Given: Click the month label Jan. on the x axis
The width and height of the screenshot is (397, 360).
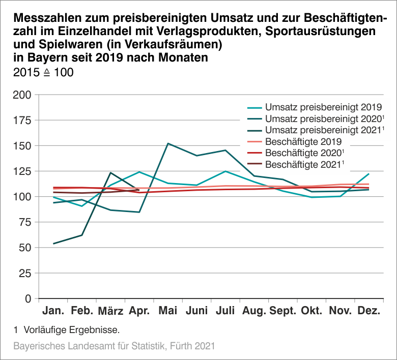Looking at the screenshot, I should click(53, 311).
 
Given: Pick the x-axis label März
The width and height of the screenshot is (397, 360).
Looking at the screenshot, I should click(110, 311).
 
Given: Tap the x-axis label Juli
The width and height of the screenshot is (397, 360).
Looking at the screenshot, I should click(225, 311).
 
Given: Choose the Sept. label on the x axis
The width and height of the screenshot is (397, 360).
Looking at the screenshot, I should click(283, 311).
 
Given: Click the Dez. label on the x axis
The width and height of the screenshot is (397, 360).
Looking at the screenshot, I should click(370, 311).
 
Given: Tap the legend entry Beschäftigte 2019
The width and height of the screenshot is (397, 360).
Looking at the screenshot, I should click(303, 141).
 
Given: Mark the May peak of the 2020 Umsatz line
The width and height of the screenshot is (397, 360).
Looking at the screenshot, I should click(168, 143).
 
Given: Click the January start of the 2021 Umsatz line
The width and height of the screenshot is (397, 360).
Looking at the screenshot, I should click(53, 244).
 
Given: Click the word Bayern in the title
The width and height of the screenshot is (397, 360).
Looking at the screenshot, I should click(42, 57).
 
